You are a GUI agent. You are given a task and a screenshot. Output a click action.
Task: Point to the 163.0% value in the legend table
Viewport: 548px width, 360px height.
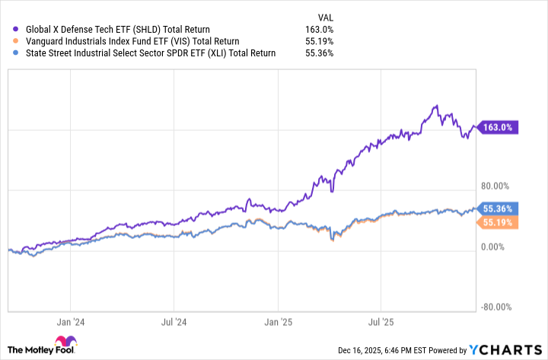click(x=320, y=30)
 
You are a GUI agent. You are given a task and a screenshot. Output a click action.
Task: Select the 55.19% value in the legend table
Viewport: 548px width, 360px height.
click(x=318, y=41)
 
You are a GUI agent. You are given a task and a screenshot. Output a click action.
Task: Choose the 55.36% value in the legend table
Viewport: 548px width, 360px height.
click(x=318, y=53)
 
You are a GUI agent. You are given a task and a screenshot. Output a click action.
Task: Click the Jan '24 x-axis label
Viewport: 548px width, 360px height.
click(x=75, y=322)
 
